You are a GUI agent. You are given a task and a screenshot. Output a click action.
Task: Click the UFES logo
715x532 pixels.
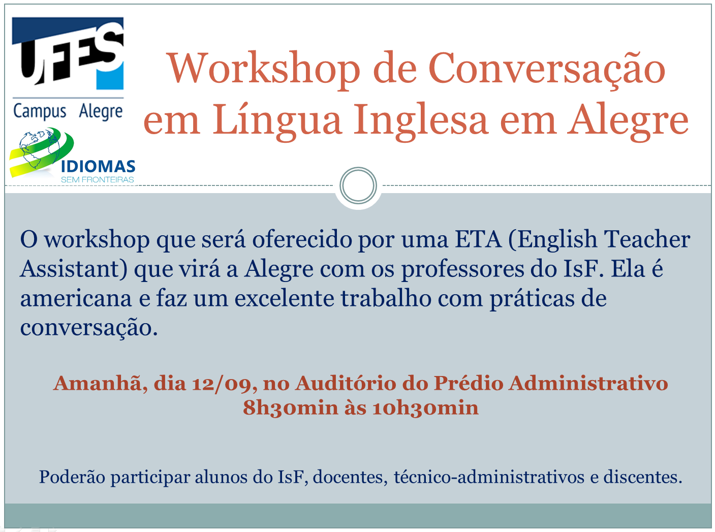(x=68, y=53)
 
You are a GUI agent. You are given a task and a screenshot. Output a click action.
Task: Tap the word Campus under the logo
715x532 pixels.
(x=40, y=112)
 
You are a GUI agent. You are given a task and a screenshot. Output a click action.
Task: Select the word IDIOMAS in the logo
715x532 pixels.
(x=98, y=167)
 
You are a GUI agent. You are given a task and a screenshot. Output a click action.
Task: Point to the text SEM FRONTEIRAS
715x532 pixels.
(x=98, y=179)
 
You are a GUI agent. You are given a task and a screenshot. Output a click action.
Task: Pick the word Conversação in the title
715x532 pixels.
(x=546, y=69)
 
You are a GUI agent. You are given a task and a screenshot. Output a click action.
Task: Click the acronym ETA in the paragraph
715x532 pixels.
(x=478, y=239)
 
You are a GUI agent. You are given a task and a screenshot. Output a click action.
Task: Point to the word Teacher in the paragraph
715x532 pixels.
(x=647, y=239)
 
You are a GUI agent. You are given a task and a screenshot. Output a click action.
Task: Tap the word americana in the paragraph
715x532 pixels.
(x=76, y=299)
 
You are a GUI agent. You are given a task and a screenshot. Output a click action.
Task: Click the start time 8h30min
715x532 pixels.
(x=291, y=408)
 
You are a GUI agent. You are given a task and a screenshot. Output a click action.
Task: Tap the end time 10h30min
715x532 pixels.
(x=425, y=408)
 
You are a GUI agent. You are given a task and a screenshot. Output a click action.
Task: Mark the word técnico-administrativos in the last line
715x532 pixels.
(x=489, y=477)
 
